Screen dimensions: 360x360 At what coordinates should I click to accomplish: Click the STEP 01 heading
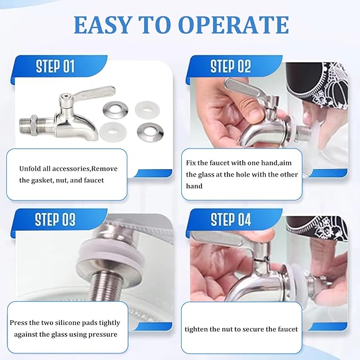coord(55,67)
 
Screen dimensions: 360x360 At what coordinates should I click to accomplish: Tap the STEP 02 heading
coord(230,67)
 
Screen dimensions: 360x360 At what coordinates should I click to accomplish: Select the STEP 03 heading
coord(55,219)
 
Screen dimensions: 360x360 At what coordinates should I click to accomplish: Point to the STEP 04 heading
coord(231,219)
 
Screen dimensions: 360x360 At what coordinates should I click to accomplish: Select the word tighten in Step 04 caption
coord(197,329)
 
